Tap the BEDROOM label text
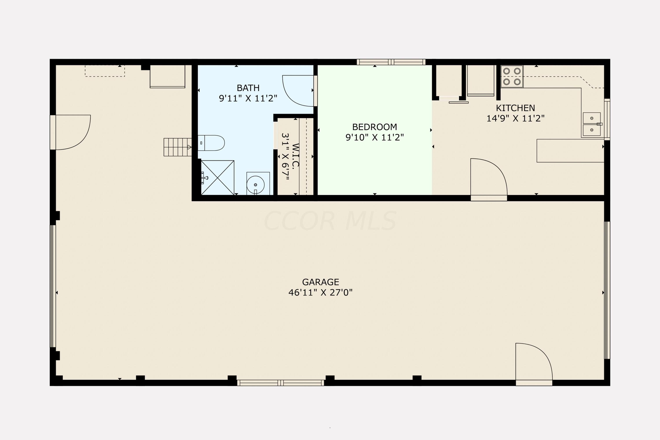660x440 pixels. (375, 127)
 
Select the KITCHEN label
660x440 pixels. (515, 108)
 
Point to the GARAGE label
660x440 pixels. (321, 282)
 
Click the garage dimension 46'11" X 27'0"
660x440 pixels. (321, 293)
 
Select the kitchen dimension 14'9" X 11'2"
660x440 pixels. (515, 118)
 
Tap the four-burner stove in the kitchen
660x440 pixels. (512, 76)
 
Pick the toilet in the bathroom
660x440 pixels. (211, 143)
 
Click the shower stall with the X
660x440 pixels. (218, 178)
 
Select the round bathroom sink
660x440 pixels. (255, 185)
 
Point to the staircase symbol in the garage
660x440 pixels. (178, 147)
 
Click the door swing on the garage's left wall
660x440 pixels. (73, 132)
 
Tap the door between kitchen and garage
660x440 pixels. (489, 180)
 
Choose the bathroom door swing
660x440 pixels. (298, 91)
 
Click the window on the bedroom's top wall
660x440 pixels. (391, 62)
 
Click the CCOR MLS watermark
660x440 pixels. (330, 221)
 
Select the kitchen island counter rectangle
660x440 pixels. (570, 151)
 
